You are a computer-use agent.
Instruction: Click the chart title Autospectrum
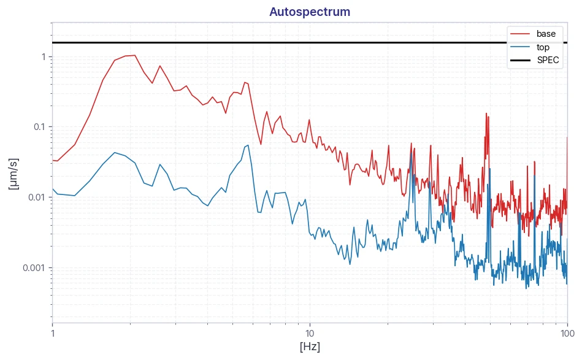tap(310, 12)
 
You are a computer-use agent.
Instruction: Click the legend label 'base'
tap(546, 34)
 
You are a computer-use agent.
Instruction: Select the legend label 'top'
tap(543, 47)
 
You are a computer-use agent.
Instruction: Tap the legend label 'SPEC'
tap(548, 60)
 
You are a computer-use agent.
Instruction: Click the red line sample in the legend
tap(520, 34)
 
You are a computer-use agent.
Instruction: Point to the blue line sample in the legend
tap(520, 47)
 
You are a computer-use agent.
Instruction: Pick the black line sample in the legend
tap(520, 60)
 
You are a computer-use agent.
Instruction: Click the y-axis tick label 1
tap(44, 57)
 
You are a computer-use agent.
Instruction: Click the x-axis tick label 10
tap(310, 333)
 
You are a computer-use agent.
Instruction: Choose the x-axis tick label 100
tap(567, 333)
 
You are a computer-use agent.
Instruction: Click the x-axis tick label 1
tap(53, 333)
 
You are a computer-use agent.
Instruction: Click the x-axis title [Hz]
tap(310, 347)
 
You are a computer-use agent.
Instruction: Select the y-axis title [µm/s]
tap(13, 174)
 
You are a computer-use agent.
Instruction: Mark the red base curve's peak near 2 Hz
tap(135, 55)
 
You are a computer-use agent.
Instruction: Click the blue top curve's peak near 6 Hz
tap(248, 145)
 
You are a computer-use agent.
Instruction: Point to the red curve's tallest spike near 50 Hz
tap(486, 113)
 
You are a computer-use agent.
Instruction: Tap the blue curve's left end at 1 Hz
tap(53, 189)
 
